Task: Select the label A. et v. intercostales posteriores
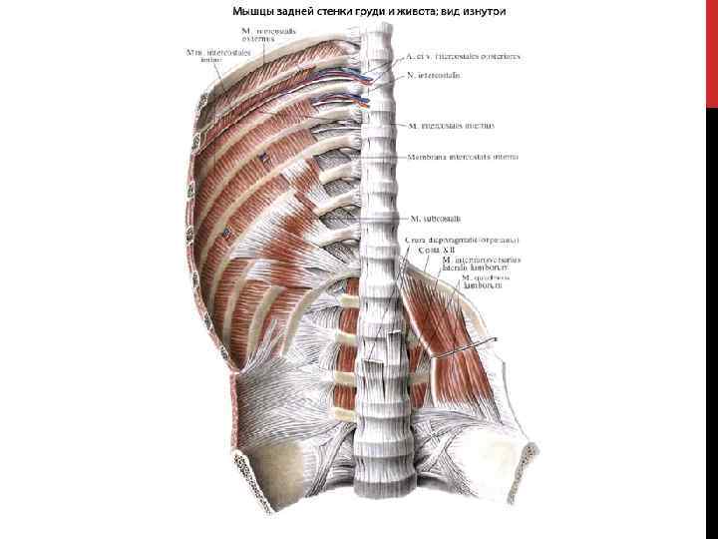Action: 463,56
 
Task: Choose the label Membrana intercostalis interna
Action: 462,157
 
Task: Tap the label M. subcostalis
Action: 435,217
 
